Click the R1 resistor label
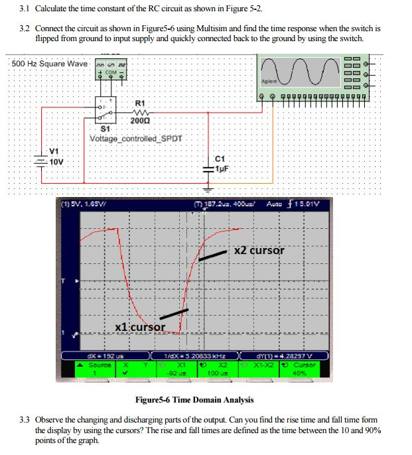(139, 103)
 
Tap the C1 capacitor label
(221, 158)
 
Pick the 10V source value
(56, 161)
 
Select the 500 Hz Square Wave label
(49, 64)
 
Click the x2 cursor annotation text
(259, 251)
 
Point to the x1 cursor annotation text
(139, 326)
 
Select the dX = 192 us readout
(102, 357)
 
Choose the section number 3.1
(25, 9)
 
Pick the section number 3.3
(25, 421)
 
